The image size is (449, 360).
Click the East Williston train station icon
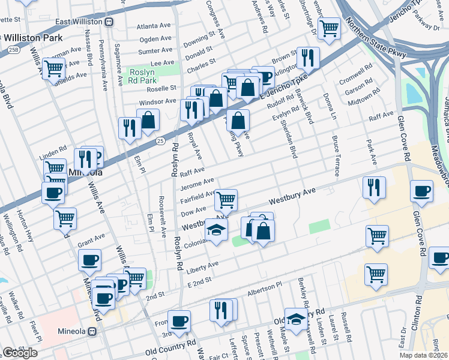pyautogui.click(x=109, y=22)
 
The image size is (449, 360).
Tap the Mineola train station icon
pyautogui.click(x=92, y=331)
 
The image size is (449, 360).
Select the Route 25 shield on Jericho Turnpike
pyautogui.click(x=160, y=140)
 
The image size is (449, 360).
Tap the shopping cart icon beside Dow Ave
pyautogui.click(x=226, y=199)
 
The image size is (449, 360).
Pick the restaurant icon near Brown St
pyautogui.click(x=307, y=58)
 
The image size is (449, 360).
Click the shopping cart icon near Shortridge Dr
pyautogui.click(x=329, y=28)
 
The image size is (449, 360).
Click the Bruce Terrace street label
pyautogui.click(x=335, y=155)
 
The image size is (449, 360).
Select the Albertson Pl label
pyautogui.click(x=265, y=291)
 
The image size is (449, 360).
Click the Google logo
pyautogui.click(x=20, y=353)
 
